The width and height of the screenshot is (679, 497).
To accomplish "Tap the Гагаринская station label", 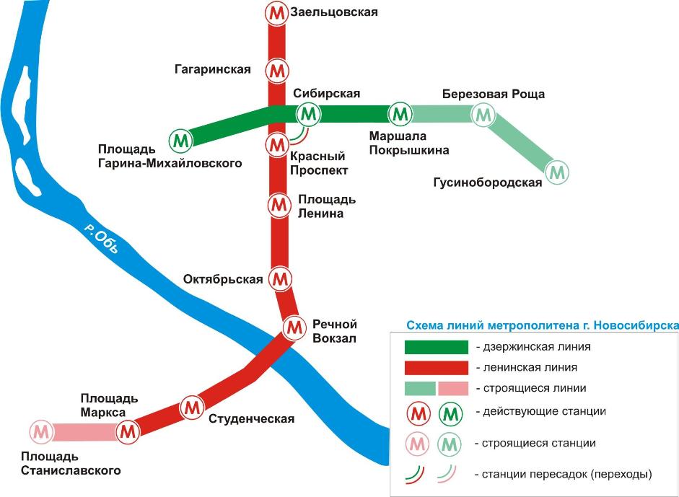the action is [213, 69].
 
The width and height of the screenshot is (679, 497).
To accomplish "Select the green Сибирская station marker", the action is [309, 114].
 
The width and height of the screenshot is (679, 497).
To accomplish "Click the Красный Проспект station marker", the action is [276, 145].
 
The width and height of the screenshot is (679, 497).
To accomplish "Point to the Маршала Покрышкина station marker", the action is [400, 113].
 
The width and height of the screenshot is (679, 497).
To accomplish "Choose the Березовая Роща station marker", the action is [483, 115].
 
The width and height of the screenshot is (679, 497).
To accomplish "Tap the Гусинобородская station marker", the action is [557, 172].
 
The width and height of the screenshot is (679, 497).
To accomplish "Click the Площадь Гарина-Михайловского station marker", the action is [181, 141].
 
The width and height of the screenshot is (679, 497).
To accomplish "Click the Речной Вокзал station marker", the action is [294, 327].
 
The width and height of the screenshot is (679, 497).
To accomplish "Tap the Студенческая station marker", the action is [192, 408].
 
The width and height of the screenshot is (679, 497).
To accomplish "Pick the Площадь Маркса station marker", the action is [128, 431].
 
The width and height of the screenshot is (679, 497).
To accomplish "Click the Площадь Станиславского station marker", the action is [42, 432].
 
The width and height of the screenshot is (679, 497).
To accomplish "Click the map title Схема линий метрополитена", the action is [542, 325].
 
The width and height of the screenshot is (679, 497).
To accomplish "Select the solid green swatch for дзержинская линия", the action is [437, 347].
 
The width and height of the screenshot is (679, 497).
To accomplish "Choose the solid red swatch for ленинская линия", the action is [437, 368].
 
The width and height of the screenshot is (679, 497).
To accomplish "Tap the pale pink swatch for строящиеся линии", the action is [453, 388].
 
